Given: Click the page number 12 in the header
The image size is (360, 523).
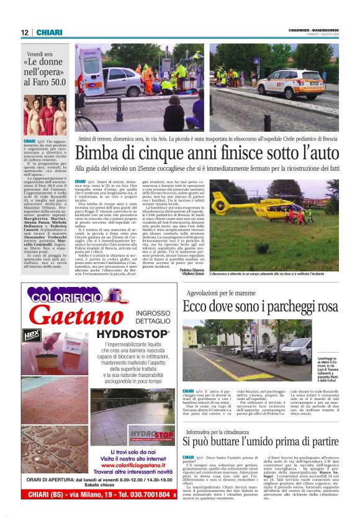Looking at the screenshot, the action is coord(25,33).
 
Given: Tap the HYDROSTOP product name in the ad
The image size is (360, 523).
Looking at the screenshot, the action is coord(128,334).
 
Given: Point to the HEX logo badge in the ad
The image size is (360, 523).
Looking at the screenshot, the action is coord(31,335).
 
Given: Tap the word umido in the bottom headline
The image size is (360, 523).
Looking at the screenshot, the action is coord(263,442).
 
